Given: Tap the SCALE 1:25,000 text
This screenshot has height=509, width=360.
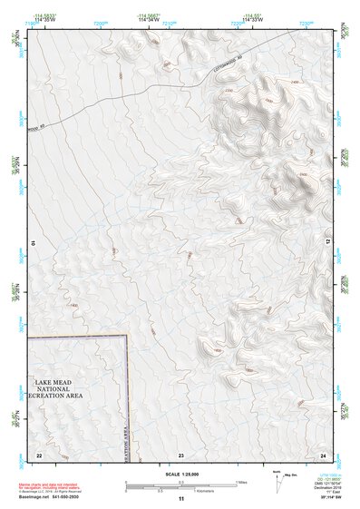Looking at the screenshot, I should (181, 475).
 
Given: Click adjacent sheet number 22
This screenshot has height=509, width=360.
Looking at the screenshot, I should (39, 454).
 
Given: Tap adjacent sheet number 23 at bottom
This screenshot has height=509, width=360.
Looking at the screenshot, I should (181, 454).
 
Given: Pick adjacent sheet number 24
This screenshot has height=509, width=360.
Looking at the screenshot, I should (324, 454).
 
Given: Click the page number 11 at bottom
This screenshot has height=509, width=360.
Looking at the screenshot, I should (181, 500).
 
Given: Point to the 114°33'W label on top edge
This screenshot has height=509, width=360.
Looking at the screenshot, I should (252, 19).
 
